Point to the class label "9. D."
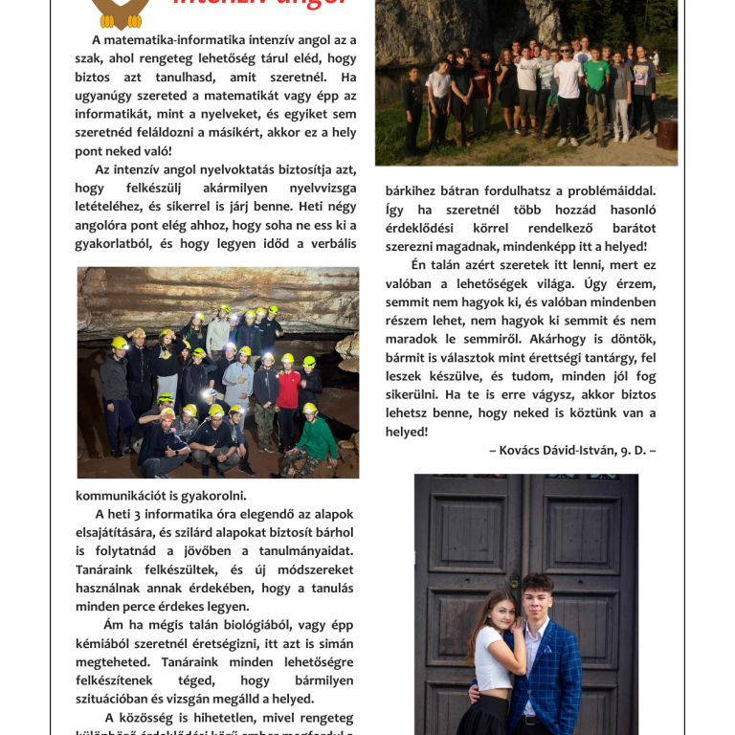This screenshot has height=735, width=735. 630,450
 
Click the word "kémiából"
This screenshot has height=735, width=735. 106,643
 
